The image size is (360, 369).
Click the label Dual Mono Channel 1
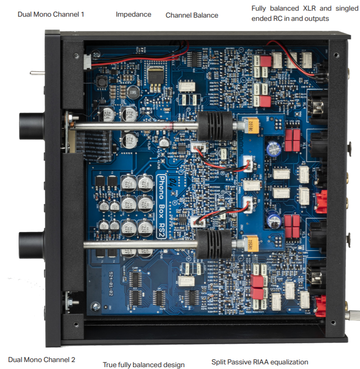(x=51, y=14)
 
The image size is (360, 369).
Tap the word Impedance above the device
(x=133, y=14)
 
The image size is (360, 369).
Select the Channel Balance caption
(x=192, y=15)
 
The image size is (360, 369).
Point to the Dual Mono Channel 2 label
(x=42, y=359)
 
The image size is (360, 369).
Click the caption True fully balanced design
(x=143, y=365)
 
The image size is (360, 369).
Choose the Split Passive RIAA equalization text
(x=260, y=362)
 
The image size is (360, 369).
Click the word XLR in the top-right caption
(x=304, y=8)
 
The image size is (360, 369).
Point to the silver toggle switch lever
(x=37, y=73)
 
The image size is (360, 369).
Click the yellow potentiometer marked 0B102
(x=244, y=126)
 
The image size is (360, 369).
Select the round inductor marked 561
(x=133, y=93)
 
